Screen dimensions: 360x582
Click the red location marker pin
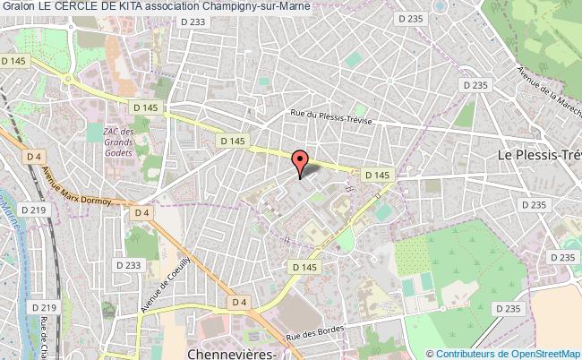(x=301, y=162)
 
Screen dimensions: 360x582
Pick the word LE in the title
(x=45, y=8)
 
